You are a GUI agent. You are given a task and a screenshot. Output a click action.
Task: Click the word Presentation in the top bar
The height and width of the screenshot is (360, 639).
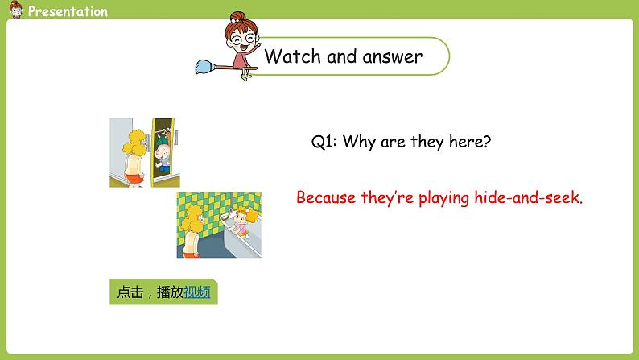tap(67, 11)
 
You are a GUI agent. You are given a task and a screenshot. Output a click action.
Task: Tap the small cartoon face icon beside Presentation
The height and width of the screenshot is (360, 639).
tap(14, 10)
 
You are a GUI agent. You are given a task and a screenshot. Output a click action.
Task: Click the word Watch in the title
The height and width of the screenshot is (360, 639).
tap(293, 56)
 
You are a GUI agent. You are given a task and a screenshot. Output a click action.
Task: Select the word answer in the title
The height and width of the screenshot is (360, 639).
tap(394, 57)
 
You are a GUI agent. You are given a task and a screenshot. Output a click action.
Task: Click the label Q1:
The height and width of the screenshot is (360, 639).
tap(324, 142)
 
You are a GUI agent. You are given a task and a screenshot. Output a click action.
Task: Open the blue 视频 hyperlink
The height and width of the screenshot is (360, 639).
tap(196, 292)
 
